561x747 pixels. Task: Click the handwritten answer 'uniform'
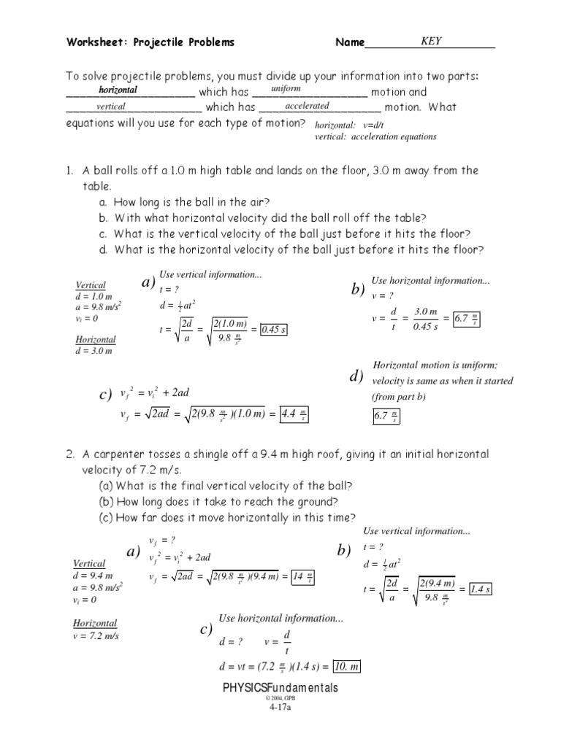(x=286, y=88)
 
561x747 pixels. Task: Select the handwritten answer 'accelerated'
(x=307, y=106)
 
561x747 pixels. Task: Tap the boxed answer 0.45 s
(x=274, y=330)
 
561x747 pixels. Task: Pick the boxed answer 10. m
(x=346, y=667)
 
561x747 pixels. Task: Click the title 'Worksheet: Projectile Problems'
(x=151, y=42)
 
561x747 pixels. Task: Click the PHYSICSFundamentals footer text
(x=280, y=688)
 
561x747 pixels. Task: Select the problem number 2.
(x=69, y=454)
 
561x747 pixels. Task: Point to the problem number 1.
(x=69, y=171)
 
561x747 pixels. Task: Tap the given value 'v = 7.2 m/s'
(x=96, y=636)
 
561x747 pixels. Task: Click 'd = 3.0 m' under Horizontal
(x=94, y=351)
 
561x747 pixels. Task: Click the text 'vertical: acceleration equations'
(x=375, y=136)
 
